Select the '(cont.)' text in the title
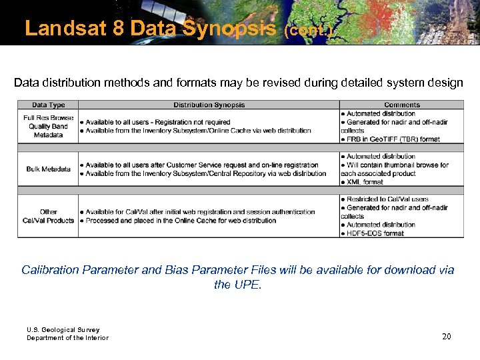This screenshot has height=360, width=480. [x=308, y=31]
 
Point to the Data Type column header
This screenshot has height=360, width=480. [x=48, y=105]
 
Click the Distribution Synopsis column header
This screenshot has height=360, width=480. [x=209, y=105]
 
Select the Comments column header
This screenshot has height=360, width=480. [x=401, y=105]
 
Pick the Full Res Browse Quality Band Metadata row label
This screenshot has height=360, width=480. [x=48, y=126]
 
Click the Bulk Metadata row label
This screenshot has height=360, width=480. [x=48, y=169]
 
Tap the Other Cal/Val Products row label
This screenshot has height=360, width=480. [x=48, y=216]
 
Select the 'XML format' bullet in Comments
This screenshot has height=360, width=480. [x=364, y=182]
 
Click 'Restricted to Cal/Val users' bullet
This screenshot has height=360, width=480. [x=387, y=199]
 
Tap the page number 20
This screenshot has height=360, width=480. [x=446, y=337]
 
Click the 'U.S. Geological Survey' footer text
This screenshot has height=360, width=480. [x=63, y=329]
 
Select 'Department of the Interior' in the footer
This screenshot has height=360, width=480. [x=67, y=338]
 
